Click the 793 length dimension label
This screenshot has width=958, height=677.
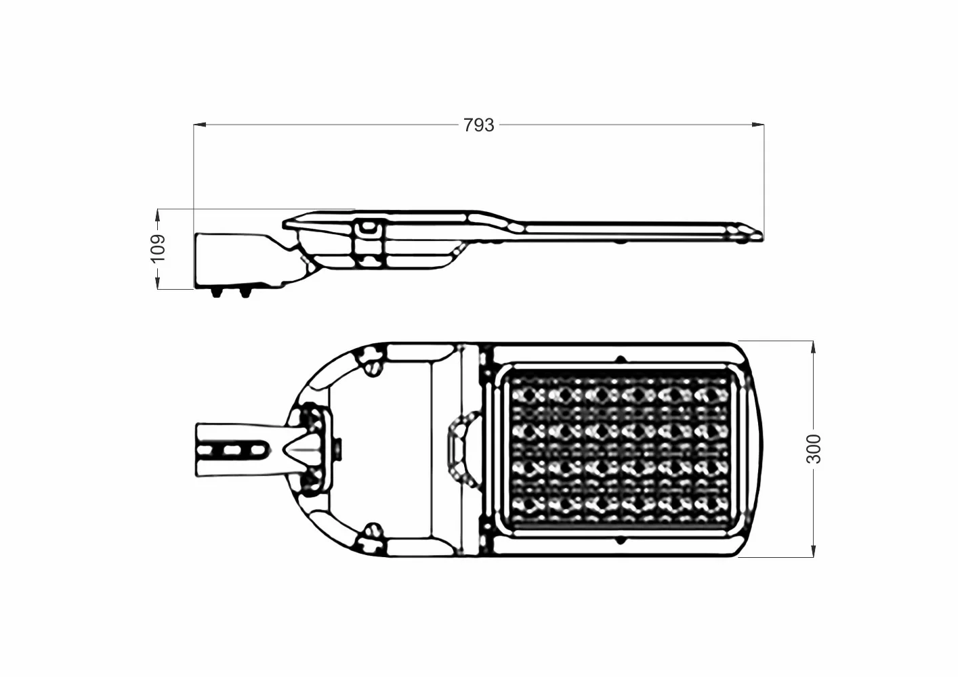(478, 125)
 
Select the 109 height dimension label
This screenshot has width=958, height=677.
(159, 248)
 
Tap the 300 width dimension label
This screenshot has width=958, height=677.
(813, 449)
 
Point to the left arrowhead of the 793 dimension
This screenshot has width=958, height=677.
(200, 125)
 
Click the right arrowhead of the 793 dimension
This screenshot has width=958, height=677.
(758, 125)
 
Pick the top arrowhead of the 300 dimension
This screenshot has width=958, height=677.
(812, 347)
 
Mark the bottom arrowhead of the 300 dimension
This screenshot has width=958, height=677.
(812, 551)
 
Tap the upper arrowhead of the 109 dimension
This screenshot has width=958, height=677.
(158, 215)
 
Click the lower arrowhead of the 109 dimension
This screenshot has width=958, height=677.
(158, 283)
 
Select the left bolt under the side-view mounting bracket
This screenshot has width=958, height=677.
(216, 292)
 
